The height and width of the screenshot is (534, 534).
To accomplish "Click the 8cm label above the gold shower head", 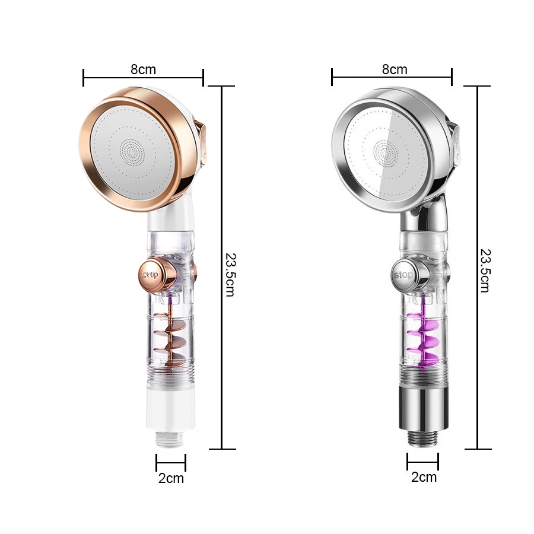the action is tap(143, 69).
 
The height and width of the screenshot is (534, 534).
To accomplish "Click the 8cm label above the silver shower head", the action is tap(395, 69).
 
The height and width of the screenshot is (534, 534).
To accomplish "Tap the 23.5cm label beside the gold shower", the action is tap(231, 275).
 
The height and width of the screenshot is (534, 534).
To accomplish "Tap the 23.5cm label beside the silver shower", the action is tap(485, 271).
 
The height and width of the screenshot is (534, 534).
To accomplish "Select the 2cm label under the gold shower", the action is tap(171, 478).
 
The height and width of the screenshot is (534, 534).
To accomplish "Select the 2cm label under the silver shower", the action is tap(424, 477).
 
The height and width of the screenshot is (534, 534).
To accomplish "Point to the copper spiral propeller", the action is tap(170, 337).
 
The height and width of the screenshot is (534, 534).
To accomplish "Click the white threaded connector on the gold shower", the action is tap(171, 439).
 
